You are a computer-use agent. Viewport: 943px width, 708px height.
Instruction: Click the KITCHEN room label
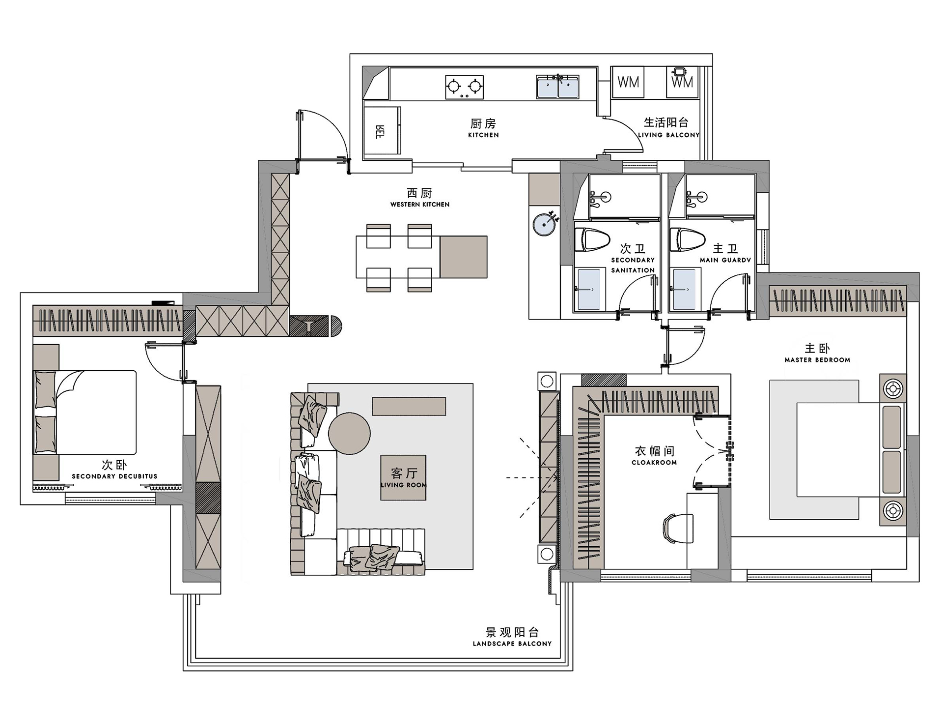point(483,135)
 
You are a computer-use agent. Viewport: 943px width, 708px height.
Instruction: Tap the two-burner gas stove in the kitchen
point(464,87)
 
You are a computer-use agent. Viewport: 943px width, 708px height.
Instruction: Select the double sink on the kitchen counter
point(557,87)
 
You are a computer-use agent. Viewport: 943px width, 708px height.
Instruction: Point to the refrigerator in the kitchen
point(382,131)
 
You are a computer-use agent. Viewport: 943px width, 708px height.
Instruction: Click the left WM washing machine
point(628,82)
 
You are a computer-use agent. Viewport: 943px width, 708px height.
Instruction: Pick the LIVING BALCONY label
point(668,135)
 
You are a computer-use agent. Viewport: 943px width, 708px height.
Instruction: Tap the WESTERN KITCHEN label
point(420,205)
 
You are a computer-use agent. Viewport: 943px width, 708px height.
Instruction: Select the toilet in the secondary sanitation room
point(593,239)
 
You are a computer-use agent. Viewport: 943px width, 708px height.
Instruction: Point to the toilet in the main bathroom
point(688,239)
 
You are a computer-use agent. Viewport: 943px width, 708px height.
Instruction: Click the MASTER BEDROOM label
point(817,360)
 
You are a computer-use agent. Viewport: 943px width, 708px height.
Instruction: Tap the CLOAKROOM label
point(654,463)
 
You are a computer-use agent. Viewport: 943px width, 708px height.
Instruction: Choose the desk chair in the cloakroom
point(678,529)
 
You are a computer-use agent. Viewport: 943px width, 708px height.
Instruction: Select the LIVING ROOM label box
point(403,478)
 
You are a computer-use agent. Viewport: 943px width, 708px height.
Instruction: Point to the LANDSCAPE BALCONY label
point(512,644)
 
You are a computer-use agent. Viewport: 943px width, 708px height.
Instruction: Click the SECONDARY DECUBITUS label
point(114,476)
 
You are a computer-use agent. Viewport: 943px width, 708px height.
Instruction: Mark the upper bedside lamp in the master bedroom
point(893,389)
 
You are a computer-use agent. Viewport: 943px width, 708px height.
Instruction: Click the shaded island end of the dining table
point(463,257)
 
